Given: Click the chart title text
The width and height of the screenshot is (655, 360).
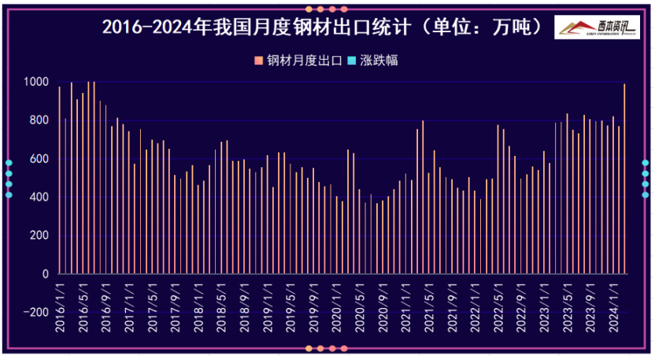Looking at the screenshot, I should (x=323, y=28).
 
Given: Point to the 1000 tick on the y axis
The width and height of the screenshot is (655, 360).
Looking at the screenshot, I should (x=36, y=82).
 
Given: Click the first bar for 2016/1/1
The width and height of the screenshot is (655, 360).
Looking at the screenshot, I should (x=59, y=180).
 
